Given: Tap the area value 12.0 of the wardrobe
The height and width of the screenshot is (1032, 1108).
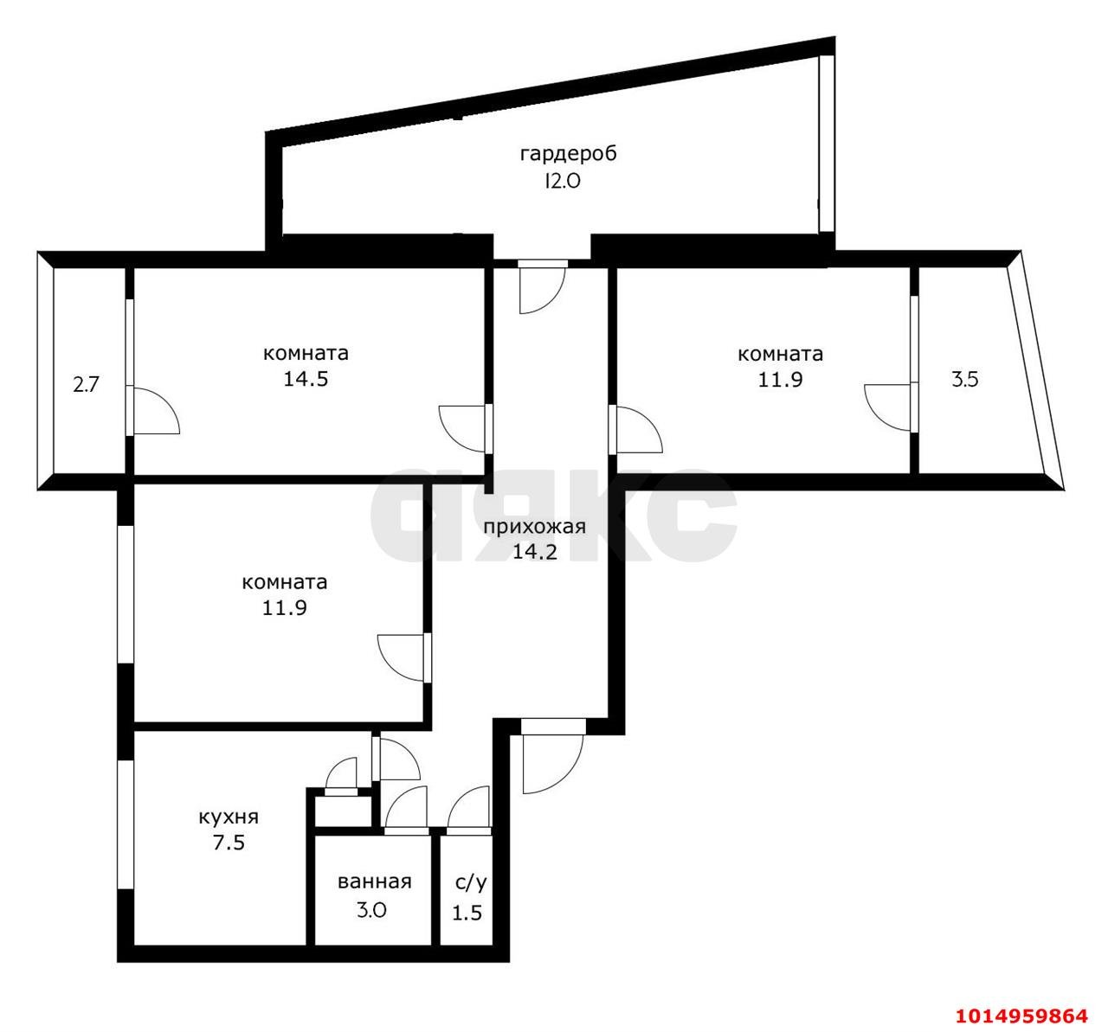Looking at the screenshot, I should click(x=567, y=181).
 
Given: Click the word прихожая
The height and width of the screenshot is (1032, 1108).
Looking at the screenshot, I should click(x=534, y=527).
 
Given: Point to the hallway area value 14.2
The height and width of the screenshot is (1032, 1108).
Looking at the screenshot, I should click(x=534, y=552).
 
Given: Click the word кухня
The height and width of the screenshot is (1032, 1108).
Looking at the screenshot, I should click(x=229, y=817).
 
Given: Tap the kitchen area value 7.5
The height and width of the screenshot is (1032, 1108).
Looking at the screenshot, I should click(x=229, y=842).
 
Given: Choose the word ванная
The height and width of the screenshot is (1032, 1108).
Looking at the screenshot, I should click(x=374, y=882).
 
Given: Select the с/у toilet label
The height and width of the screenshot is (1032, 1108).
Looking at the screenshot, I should click(x=471, y=882).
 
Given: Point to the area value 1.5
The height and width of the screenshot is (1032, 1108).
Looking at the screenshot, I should click(x=467, y=913).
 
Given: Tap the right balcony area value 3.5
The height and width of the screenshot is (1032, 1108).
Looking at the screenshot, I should click(x=964, y=379).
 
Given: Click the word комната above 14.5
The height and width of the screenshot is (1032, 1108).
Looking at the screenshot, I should click(x=306, y=353).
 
